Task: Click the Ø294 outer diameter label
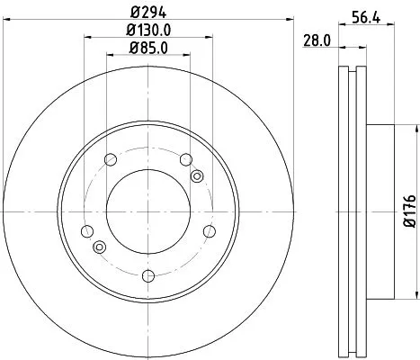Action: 148,13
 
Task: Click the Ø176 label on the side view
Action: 409,208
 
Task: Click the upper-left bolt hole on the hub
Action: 112,160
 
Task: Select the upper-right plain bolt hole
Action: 186,160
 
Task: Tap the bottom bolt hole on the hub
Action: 149,269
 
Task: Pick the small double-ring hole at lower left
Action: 100,247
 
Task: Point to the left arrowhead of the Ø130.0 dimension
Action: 87,37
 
